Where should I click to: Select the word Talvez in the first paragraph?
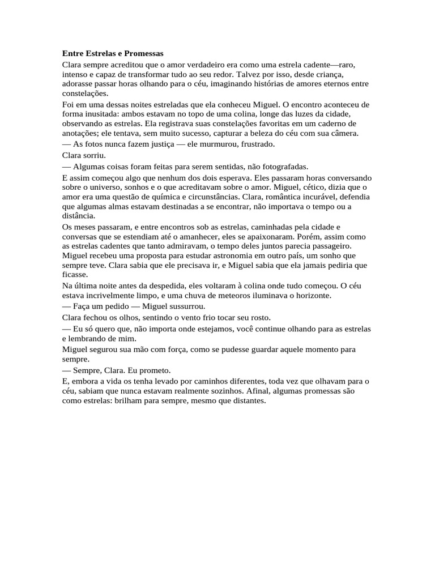click(247, 74)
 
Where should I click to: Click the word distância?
click(78, 216)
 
